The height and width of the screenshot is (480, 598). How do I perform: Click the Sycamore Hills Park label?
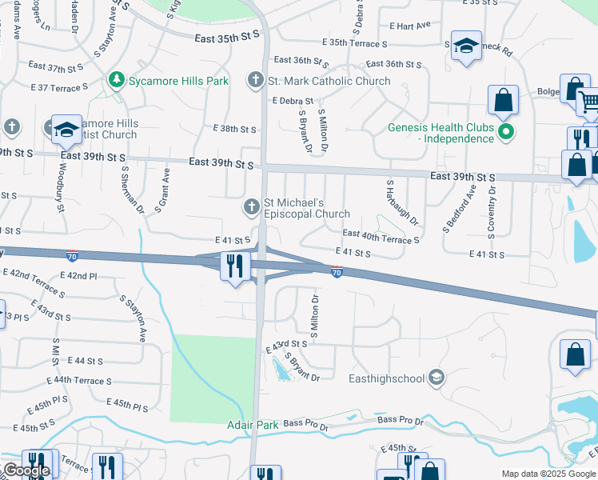point(177,81)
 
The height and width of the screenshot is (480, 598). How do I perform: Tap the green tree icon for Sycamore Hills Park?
point(117,80)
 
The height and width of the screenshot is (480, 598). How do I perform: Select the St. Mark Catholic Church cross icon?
point(255,80)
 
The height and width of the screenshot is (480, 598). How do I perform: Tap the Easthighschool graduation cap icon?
point(436,377)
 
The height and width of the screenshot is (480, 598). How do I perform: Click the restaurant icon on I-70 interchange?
point(234,266)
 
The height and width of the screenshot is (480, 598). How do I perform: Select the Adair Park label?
point(253,425)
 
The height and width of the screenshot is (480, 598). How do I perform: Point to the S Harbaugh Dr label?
point(402,202)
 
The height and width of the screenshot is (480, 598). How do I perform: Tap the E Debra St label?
point(293,101)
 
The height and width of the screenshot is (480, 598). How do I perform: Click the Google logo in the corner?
point(26,471)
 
